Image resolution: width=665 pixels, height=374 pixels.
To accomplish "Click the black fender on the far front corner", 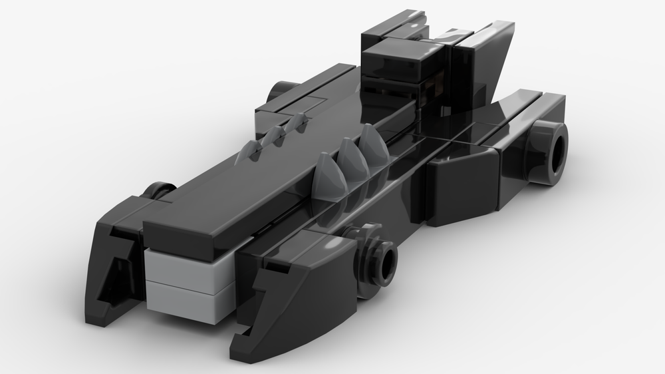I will click(x=116, y=260).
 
